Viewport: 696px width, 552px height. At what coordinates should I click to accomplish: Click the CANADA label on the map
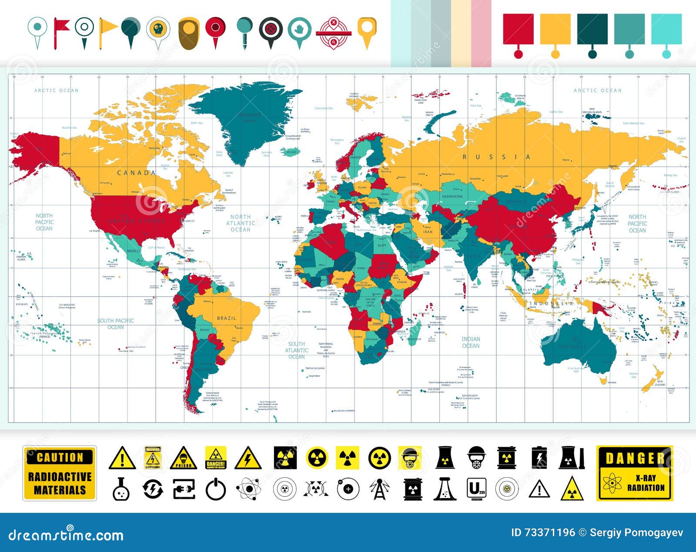click(x=136, y=173)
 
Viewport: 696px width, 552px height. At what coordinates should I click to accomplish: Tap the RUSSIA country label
click(x=496, y=157)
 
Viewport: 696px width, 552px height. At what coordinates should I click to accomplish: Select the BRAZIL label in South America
click(x=227, y=318)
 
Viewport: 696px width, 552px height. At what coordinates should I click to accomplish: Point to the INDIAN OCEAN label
click(x=471, y=342)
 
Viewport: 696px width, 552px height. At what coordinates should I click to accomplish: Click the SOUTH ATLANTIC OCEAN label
click(x=297, y=350)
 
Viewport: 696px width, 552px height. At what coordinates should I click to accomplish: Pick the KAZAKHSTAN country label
click(x=452, y=197)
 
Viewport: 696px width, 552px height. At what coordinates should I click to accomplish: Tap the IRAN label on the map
click(x=428, y=232)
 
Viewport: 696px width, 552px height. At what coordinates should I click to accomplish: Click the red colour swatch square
click(x=518, y=29)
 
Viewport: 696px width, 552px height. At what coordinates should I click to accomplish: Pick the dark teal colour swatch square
click(x=592, y=29)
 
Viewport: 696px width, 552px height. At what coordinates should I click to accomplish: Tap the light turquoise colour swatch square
click(x=666, y=29)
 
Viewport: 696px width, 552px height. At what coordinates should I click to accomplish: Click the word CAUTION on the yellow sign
click(x=60, y=457)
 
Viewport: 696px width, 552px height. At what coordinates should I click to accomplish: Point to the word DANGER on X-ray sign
click(x=635, y=458)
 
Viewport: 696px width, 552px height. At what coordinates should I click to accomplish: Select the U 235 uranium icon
click(x=476, y=489)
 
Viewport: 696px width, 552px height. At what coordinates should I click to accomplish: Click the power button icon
click(x=216, y=489)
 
